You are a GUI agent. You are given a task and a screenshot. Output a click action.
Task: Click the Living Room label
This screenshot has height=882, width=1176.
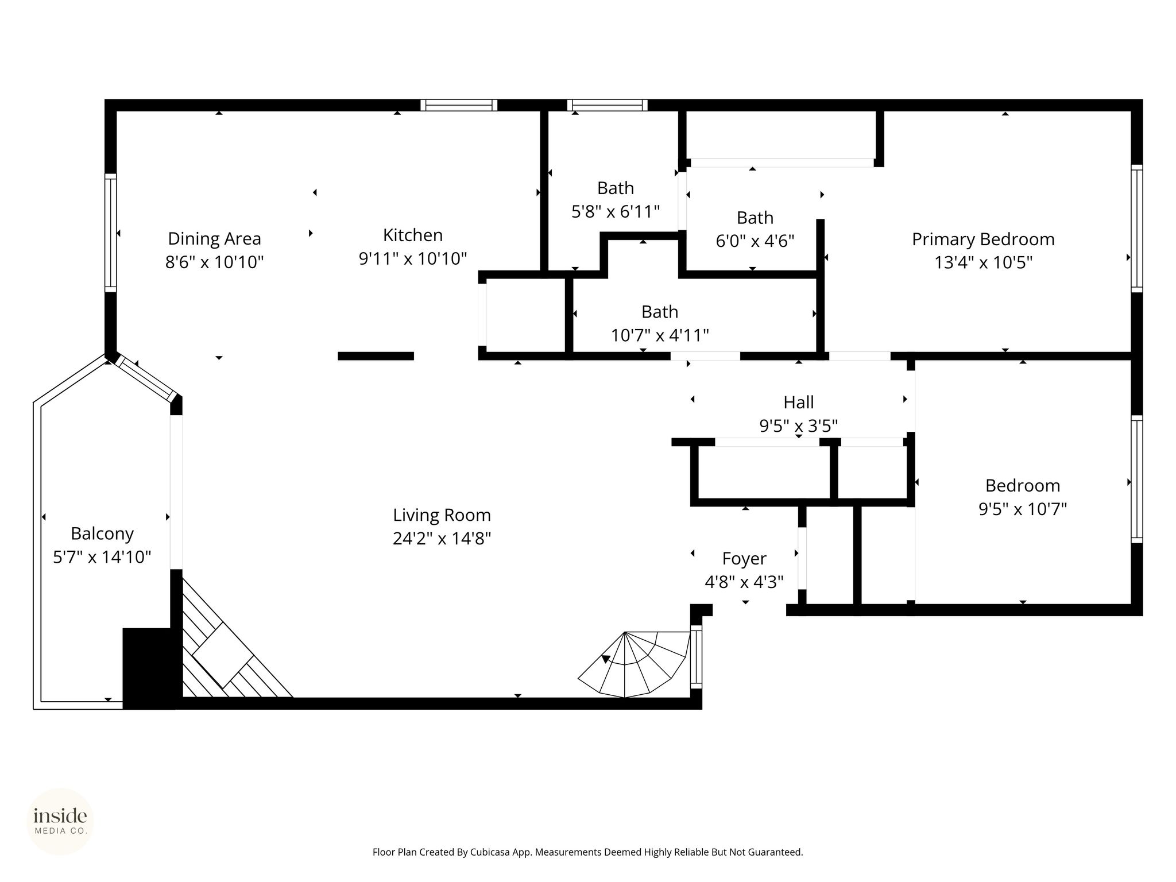pos(442,515)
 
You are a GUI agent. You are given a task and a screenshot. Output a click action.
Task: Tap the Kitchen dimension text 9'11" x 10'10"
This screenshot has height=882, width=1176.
pos(413,259)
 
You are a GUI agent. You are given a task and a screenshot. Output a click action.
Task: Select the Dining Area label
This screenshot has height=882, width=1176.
pos(214,239)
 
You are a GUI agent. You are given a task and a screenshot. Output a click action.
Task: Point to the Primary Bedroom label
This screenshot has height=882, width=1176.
pos(983,239)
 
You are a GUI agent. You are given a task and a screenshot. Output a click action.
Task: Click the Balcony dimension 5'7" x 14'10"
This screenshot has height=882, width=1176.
pos(102,557)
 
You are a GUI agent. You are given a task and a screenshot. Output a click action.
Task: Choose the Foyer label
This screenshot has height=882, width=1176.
pos(744,559)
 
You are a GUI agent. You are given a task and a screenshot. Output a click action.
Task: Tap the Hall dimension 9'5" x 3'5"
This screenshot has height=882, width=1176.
pos(799,426)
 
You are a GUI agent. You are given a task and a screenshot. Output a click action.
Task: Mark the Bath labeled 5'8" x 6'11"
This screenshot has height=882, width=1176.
pos(616,188)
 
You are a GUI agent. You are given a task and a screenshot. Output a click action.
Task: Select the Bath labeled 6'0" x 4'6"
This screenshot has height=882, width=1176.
pos(755,218)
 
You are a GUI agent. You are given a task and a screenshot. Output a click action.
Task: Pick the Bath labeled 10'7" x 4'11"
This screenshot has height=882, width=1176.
pos(660,312)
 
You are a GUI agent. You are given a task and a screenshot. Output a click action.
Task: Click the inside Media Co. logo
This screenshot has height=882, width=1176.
pos(60,821)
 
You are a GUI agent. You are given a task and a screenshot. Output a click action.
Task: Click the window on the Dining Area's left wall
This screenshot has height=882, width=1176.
pos(110,233)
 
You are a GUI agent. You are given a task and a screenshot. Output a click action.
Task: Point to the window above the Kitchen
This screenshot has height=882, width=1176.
pos(459,105)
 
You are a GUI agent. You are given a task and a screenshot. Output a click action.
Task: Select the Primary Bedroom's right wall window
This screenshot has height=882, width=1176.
pos(1137,229)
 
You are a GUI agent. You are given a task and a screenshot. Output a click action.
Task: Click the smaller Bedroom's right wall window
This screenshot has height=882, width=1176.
pos(1137,479)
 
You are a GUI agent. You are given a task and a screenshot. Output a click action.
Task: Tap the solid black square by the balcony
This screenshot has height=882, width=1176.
pos(149,668)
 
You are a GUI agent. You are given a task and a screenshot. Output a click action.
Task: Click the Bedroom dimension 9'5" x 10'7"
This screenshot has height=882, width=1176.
pos(1023,509)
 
